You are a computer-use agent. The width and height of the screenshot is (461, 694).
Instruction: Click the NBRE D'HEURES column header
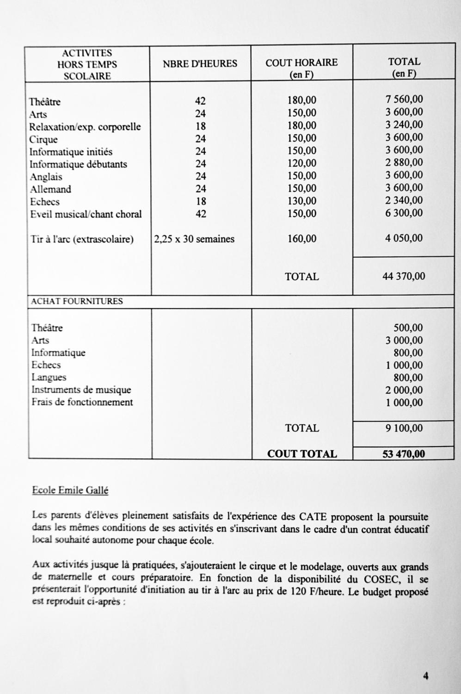[200, 64]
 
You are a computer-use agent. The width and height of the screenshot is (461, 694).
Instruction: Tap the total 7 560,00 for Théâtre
[404, 99]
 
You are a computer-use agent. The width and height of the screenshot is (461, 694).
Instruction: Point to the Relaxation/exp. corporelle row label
[85, 127]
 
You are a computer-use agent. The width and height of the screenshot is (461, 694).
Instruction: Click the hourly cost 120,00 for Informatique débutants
[301, 163]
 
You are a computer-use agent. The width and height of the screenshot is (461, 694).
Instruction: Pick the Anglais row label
[46, 177]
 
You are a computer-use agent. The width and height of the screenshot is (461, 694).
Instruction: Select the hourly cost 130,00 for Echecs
[301, 201]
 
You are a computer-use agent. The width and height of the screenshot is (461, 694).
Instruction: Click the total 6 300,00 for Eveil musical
[404, 213]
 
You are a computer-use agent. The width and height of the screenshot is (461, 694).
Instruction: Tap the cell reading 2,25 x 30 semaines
[194, 239]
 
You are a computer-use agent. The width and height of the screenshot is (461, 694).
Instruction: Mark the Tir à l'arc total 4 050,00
[404, 238]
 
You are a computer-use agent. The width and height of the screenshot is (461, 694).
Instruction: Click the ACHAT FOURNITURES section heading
[77, 301]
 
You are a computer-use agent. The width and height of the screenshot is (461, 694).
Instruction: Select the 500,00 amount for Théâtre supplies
[408, 328]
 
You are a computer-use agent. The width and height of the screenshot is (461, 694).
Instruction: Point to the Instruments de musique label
[81, 390]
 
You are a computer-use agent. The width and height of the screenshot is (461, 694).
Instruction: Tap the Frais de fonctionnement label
[82, 402]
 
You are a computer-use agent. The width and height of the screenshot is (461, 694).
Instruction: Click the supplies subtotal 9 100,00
[404, 428]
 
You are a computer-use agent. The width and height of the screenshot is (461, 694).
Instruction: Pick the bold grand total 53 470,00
[403, 454]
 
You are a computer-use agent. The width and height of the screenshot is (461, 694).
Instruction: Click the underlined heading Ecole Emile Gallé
[70, 490]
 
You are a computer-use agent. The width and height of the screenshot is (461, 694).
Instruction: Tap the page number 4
[425, 676]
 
